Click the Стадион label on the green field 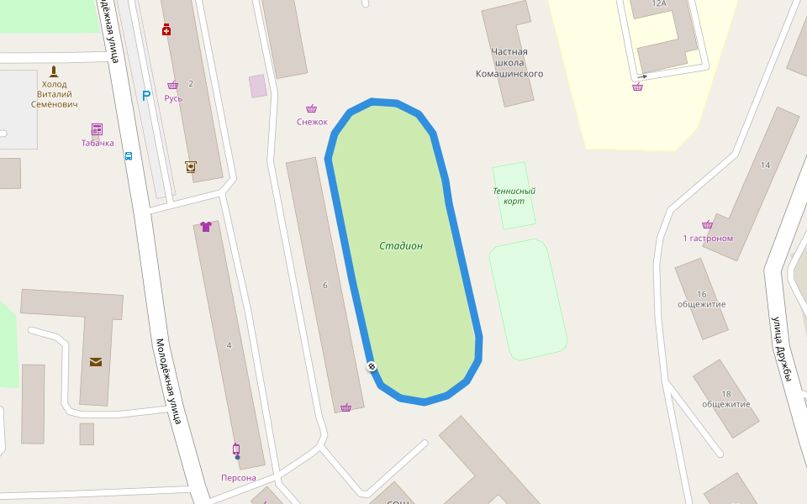[400, 246]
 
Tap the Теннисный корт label [514, 196]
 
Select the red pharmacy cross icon [166, 30]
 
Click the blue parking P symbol [146, 96]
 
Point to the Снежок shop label [312, 122]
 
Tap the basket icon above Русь [172, 85]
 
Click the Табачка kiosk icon [97, 129]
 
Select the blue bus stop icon [129, 155]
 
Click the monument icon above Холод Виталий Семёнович [55, 71]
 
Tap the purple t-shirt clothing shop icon [206, 226]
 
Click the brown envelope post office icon [96, 362]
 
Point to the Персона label [238, 478]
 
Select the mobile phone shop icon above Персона [236, 449]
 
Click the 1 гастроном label [708, 239]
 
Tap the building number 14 [765, 165]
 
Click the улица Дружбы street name [783, 348]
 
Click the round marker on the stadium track [372, 366]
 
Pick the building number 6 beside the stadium [324, 285]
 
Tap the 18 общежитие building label [726, 399]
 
